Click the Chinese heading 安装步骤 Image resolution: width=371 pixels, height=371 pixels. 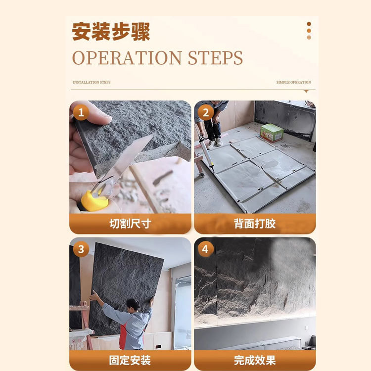111,32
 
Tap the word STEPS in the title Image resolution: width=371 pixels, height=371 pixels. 215,58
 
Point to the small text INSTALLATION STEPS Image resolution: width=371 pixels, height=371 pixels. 92,83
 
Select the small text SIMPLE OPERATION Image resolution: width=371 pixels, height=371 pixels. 293,83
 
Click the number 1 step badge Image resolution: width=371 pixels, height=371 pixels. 81,112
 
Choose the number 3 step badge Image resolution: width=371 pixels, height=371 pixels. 81,249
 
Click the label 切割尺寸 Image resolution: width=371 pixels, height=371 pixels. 130,224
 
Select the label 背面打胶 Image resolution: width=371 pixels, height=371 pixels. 255,224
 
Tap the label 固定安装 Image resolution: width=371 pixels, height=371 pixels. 130,360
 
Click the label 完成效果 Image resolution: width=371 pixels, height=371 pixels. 255,360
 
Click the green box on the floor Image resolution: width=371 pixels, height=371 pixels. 272,133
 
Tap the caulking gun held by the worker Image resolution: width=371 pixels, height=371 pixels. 205,148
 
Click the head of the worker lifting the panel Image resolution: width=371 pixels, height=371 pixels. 132,304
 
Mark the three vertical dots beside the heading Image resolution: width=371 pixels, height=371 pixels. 309,31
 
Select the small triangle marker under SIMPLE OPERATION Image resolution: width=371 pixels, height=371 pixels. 306,92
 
